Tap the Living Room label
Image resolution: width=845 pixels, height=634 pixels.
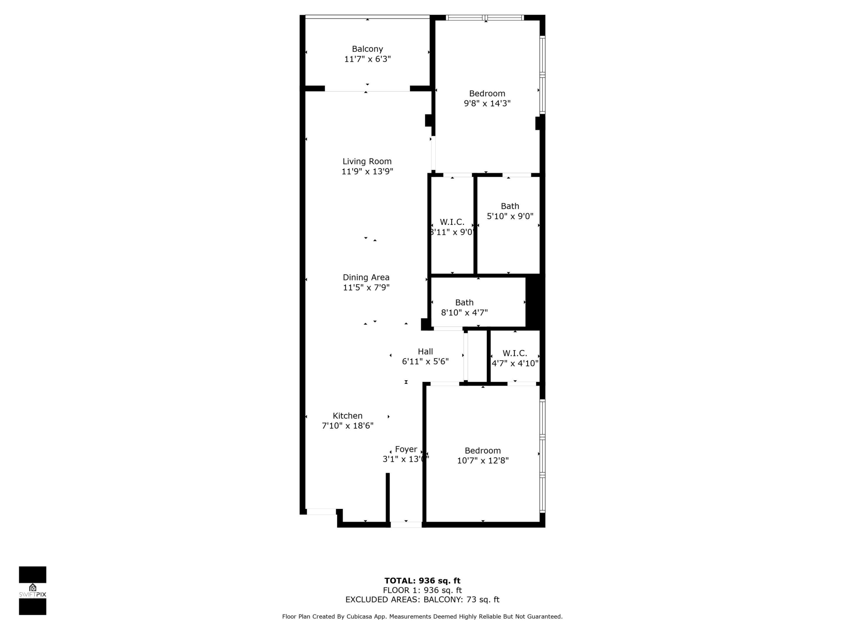(x=367, y=161)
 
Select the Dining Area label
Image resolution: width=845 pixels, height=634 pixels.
(x=366, y=277)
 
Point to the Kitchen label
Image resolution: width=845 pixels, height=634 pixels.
(x=347, y=416)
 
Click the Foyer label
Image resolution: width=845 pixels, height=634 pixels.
(x=406, y=449)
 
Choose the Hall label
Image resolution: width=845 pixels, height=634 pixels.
(x=425, y=351)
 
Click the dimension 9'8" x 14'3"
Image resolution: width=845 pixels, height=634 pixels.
(x=487, y=103)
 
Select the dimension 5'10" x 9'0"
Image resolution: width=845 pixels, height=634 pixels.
(x=510, y=216)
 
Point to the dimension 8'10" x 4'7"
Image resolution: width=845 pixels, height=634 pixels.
(x=464, y=312)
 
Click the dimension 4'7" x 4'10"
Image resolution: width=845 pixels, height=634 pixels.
(x=515, y=363)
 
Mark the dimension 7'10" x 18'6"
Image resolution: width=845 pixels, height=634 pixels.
(x=347, y=426)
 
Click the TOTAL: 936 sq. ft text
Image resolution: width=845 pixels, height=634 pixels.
(x=422, y=581)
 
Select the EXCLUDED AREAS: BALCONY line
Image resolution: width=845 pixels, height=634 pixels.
(x=422, y=599)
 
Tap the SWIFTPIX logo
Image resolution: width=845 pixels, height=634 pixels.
(x=33, y=591)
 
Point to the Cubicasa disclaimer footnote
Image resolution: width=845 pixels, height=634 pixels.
(x=422, y=616)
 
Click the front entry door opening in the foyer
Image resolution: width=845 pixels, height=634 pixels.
(x=406, y=525)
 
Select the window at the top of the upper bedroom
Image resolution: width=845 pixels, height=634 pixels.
(x=485, y=18)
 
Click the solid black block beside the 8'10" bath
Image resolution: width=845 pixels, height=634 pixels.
(x=534, y=302)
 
